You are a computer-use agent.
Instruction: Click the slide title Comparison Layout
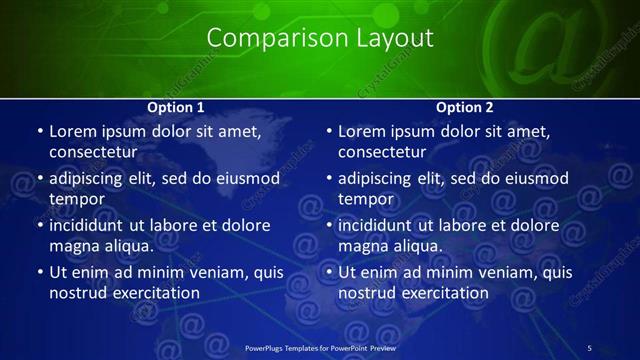click(x=320, y=38)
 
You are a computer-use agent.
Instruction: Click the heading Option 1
click(x=176, y=107)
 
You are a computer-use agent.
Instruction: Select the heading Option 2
click(x=465, y=107)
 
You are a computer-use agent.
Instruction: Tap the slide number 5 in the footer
click(x=590, y=347)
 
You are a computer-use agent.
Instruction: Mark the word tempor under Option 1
click(x=76, y=199)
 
